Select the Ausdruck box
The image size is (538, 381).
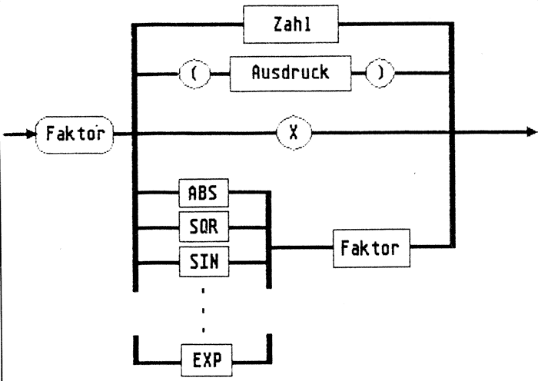[x=290, y=74]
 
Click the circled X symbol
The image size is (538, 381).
[x=294, y=133]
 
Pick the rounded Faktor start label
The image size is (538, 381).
[x=75, y=134]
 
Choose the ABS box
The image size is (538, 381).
[x=203, y=194]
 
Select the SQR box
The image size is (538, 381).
[x=203, y=229]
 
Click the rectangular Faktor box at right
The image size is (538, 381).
[x=365, y=248]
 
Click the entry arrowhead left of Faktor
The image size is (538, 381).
[x=28, y=134]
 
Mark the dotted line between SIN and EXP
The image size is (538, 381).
[x=203, y=310]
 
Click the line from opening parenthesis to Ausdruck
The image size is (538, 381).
[x=217, y=75]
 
